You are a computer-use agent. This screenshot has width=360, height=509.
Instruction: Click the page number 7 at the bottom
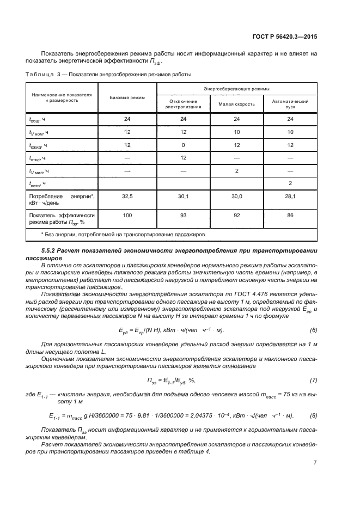pos(315,463)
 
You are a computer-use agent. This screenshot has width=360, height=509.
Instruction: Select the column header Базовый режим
pos(127,97)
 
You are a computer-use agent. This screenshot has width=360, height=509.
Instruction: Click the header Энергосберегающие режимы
pos(237,88)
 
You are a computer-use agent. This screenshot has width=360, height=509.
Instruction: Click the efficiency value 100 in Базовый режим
pos(127,216)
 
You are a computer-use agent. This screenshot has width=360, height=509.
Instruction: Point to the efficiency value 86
pos(290,216)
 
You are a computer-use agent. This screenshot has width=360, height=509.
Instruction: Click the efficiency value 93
pos(184,216)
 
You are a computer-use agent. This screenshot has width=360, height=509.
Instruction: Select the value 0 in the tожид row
pos(184,145)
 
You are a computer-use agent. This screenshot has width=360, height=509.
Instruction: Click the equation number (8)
pos(313,416)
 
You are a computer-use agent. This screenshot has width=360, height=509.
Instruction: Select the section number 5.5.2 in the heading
pos(50,249)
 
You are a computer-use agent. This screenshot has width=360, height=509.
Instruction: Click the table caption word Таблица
pos(39,74)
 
